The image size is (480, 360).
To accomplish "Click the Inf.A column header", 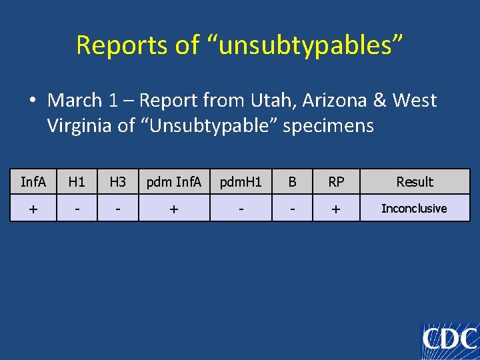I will [33, 182].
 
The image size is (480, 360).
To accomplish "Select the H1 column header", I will [77, 182].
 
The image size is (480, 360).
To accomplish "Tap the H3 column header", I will [117, 182].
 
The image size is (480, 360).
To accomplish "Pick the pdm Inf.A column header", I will [173, 182].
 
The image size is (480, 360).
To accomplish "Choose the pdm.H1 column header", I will [241, 182].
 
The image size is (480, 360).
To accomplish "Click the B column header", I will [291, 182].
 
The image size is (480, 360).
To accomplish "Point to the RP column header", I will [336, 182].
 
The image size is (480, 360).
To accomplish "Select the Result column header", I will [415, 182].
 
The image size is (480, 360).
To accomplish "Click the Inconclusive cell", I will [414, 209].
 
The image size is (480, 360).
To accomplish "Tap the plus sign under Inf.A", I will [33, 209].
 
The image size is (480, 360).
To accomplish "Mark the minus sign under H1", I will [77, 209].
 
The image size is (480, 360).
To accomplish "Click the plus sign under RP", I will [336, 209].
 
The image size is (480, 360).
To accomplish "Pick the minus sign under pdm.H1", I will [241, 209].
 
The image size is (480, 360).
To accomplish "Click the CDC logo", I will [450, 341].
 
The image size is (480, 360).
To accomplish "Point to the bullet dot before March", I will [32, 101].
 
